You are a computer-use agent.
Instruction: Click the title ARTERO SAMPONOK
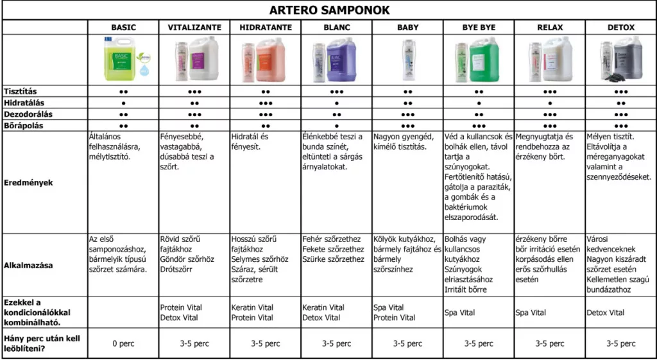coord(328,10)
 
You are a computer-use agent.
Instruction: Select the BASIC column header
coord(123,28)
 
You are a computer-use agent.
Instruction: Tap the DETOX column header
coord(620,28)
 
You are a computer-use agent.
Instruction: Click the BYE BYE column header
coord(479,28)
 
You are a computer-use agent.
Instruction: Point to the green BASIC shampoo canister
coord(120,59)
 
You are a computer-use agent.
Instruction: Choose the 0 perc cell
coord(123,343)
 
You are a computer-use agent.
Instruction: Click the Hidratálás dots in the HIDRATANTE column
coord(266,103)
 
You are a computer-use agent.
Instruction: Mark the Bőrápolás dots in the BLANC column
coord(336,126)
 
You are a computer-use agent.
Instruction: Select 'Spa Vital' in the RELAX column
coord(531,313)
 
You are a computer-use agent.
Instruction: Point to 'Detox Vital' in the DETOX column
coord(606,313)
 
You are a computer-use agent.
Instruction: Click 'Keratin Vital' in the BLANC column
coord(323,307)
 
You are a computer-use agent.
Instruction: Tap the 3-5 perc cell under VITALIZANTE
coord(194,343)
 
